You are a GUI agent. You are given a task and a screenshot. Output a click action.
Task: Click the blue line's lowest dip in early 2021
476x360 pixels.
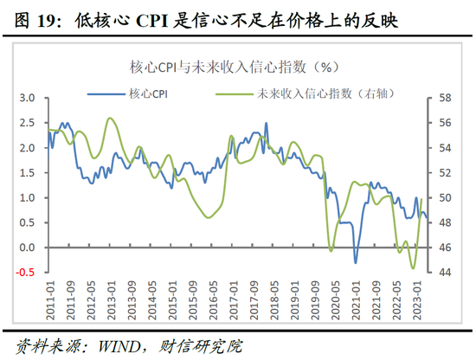click(355, 262)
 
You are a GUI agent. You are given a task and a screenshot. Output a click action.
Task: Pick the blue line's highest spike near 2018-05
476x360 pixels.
click(266, 123)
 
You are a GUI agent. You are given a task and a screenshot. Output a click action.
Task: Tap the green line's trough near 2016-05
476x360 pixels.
click(209, 216)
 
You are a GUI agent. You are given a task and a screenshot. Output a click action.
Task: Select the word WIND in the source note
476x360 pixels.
click(124, 344)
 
